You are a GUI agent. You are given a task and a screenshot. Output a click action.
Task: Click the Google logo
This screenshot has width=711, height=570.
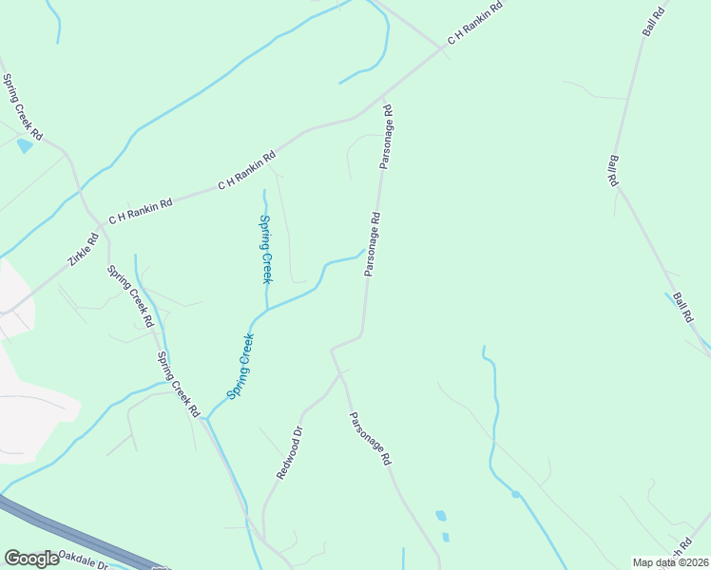[31, 559]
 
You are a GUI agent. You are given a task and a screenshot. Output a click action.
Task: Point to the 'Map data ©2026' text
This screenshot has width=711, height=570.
[670, 562]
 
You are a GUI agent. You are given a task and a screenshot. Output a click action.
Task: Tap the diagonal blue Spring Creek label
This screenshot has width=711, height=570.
[240, 366]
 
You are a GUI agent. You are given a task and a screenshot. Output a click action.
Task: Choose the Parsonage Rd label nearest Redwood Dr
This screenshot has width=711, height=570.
[370, 438]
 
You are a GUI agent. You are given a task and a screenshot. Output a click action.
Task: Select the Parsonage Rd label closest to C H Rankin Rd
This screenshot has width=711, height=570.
[386, 138]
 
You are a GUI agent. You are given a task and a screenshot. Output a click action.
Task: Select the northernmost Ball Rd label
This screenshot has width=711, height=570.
[657, 18]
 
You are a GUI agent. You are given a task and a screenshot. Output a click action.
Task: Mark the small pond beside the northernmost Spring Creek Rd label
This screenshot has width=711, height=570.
[24, 145]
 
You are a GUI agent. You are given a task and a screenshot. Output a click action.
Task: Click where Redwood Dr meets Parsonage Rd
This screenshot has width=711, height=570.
[340, 373]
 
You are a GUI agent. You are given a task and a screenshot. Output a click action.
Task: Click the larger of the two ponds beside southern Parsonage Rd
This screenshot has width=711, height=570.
[440, 516]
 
